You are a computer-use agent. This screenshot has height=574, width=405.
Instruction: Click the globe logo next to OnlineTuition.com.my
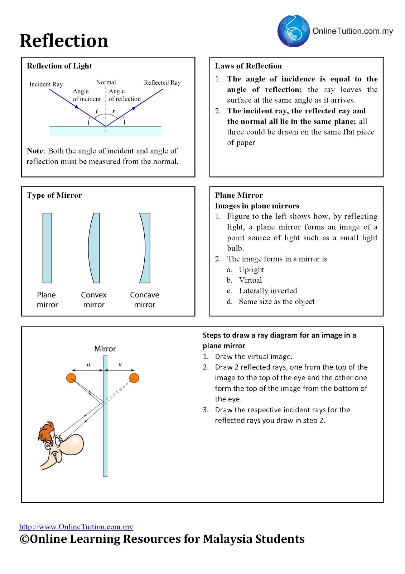[x=293, y=31]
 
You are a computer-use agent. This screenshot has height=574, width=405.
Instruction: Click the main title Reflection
[x=64, y=41]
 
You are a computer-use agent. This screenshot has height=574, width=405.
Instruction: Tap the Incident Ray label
[x=46, y=84]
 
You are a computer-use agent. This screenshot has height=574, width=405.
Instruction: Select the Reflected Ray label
[x=162, y=83]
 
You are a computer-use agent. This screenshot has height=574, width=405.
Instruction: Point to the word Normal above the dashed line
[x=106, y=82]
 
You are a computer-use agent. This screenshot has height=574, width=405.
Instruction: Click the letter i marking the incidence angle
[x=97, y=111]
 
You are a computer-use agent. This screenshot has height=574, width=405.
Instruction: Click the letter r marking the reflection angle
[x=114, y=111]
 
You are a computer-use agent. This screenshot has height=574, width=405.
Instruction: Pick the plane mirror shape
[x=47, y=248]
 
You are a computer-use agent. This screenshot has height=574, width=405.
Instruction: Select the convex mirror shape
[x=94, y=248]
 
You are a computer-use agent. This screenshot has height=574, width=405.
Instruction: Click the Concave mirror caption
[x=144, y=300]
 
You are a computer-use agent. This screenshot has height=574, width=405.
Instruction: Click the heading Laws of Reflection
[x=248, y=66]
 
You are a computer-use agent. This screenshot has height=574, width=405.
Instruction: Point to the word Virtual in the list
[x=250, y=280]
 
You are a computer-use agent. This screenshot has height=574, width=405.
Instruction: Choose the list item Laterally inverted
[x=268, y=291]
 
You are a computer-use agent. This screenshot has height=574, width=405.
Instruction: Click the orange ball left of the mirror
[x=71, y=378]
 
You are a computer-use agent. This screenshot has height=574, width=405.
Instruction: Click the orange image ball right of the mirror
[x=134, y=378]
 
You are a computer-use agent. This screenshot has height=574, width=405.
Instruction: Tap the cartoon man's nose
[x=74, y=445]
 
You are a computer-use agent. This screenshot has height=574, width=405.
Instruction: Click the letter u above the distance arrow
[x=88, y=364]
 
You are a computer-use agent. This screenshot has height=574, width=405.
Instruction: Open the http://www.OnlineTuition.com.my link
[x=76, y=527]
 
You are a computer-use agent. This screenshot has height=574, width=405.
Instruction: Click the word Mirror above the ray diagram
[x=105, y=349]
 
